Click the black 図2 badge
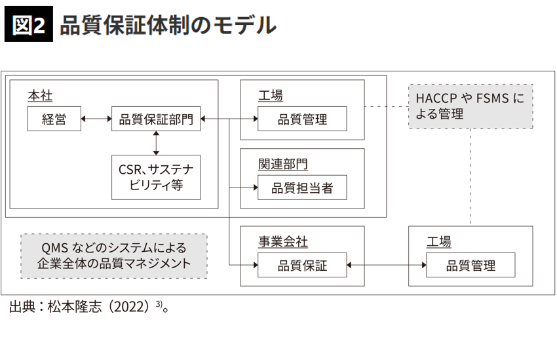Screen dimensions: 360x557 (x=28, y=25)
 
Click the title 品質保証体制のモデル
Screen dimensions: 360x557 (x=167, y=25)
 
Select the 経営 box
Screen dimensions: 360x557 (x=54, y=119)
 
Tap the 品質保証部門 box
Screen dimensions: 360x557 (x=156, y=119)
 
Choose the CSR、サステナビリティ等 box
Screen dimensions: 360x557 (x=156, y=177)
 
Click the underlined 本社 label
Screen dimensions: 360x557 (x=39, y=96)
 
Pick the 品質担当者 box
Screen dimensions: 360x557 (x=302, y=188)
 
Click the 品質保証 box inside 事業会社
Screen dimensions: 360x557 (x=302, y=265)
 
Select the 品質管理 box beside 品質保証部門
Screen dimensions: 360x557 (x=302, y=119)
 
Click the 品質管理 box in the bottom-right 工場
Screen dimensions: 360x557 (x=471, y=265)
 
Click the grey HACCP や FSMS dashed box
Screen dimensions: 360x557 (x=471, y=105)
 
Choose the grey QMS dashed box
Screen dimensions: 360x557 (x=114, y=256)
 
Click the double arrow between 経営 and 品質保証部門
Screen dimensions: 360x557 (x=96, y=119)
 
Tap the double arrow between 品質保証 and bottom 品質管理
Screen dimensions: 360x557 (x=387, y=265)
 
